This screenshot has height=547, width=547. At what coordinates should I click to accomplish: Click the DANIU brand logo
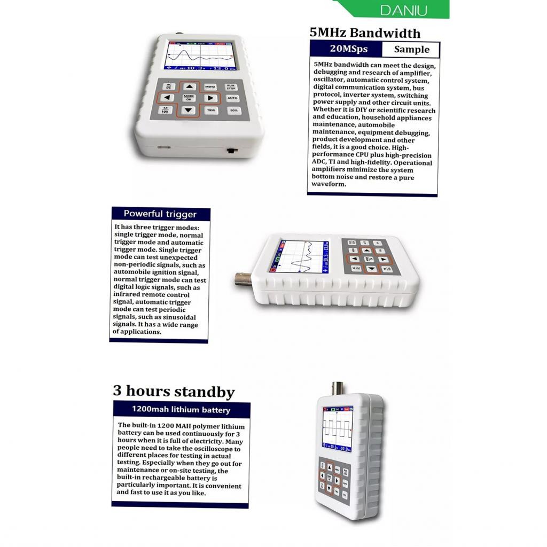click(404, 10)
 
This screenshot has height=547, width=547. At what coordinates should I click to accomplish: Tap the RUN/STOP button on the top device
click(231, 87)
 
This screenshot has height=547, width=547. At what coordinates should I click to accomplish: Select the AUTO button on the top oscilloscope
click(232, 98)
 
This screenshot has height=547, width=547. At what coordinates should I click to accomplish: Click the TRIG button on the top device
click(210, 111)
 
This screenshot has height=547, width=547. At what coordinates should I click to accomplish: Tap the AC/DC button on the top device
click(169, 85)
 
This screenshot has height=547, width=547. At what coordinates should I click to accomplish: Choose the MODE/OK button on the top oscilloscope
click(189, 98)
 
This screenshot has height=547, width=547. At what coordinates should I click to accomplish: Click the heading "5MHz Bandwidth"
click(365, 33)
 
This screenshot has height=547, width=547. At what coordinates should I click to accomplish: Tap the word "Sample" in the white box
click(411, 50)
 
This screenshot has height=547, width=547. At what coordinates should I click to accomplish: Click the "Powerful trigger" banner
click(160, 214)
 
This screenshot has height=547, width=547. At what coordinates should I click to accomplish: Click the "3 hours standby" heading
click(174, 391)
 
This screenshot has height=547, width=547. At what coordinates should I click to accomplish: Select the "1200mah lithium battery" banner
click(181, 410)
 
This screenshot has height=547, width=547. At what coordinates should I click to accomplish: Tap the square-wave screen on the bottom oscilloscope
click(337, 428)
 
